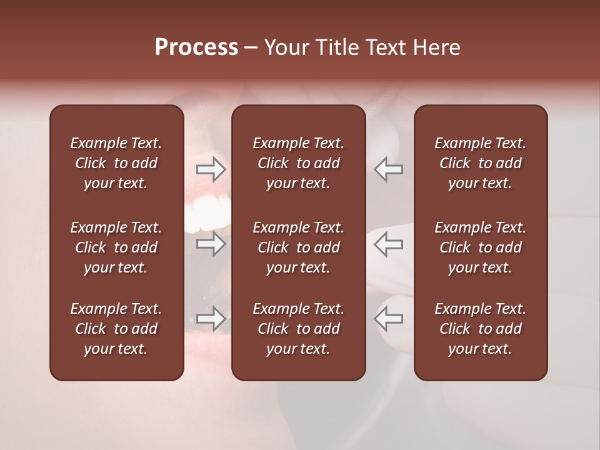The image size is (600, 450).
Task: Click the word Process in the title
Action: [196, 47]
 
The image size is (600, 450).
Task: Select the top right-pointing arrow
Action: [211, 169]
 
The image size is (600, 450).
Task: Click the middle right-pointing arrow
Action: [211, 244]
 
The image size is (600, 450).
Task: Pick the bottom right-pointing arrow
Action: [211, 319]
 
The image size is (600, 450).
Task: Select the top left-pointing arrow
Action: [389, 169]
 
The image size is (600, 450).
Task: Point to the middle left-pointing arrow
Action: [389, 244]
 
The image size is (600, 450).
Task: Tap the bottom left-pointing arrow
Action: [389, 319]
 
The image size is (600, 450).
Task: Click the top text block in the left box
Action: [116, 163]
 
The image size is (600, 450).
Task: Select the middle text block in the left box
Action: [116, 247]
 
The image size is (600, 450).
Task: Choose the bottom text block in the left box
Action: [116, 329]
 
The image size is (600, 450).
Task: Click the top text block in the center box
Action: [298, 163]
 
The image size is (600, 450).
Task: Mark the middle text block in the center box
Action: [298, 247]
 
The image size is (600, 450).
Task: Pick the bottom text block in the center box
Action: [298, 329]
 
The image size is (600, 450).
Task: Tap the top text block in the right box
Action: [480, 163]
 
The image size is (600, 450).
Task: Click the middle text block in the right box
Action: [480, 247]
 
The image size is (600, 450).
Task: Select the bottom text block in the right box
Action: [480, 329]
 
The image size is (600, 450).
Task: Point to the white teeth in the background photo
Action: [209, 209]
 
